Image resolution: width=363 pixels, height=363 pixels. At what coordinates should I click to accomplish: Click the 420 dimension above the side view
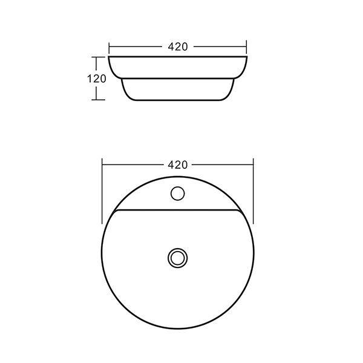(x=178, y=47)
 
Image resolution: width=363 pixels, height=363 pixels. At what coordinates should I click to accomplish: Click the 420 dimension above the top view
(x=177, y=165)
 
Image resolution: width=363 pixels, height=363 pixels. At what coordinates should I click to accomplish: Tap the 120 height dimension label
(x=97, y=79)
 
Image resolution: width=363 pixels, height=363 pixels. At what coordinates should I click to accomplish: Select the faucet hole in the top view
(x=177, y=194)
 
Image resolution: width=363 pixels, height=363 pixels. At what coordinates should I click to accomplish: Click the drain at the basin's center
(x=177, y=258)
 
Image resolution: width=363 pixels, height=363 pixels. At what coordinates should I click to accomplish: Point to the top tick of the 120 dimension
(x=98, y=57)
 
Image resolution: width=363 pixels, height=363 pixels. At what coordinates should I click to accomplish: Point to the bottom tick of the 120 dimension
(x=98, y=100)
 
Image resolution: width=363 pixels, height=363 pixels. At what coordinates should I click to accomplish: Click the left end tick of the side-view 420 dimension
(x=109, y=47)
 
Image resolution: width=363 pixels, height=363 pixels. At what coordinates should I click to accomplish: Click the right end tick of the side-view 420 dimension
(x=247, y=47)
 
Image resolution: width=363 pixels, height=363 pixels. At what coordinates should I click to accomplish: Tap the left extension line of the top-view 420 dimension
(x=102, y=191)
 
